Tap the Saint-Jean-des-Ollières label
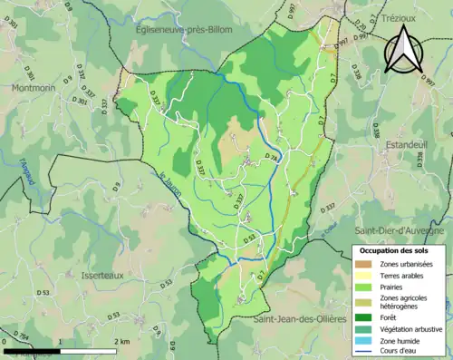(x=300, y=319)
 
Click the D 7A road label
(x=272, y=158)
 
